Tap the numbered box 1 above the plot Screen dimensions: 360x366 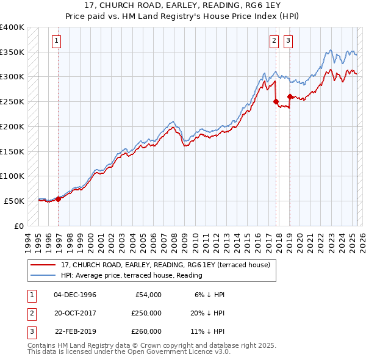(56, 41)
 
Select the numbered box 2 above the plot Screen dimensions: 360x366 (274, 41)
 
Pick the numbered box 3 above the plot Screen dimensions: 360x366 (287, 41)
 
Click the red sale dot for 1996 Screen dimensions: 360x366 (59, 199)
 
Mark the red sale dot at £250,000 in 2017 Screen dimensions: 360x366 (276, 101)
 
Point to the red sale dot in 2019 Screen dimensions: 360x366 (289, 96)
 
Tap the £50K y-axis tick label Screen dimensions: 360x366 (15, 201)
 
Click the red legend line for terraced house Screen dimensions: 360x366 (43, 265)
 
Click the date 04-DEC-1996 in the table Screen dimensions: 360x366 (75, 295)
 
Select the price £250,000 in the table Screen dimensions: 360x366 (146, 313)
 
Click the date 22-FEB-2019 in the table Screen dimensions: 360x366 (75, 332)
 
